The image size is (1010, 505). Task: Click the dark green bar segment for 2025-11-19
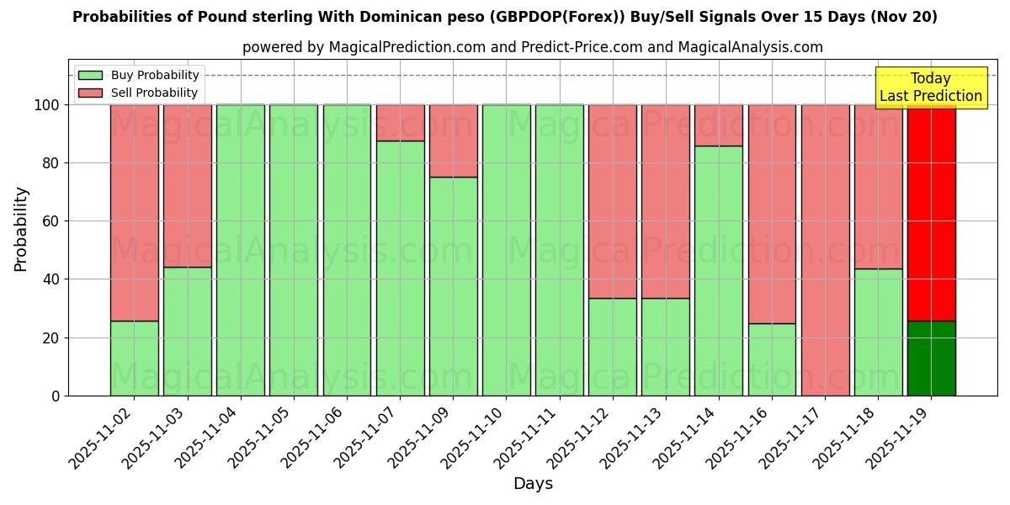(931, 358)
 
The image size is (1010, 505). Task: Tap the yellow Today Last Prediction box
(930, 88)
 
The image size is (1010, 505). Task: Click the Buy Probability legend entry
(139, 75)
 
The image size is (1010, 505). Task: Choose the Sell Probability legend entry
(139, 93)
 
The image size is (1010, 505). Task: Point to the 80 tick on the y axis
(51, 163)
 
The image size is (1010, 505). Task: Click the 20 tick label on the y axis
(51, 338)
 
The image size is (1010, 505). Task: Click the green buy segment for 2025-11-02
(134, 358)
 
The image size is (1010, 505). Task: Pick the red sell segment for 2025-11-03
(187, 185)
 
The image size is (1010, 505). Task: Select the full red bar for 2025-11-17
(825, 250)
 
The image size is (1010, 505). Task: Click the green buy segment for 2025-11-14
(719, 270)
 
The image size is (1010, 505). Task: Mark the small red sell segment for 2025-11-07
(400, 123)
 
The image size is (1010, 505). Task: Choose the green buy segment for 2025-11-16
(772, 359)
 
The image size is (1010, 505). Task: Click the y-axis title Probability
(21, 229)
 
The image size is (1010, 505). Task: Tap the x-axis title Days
(533, 483)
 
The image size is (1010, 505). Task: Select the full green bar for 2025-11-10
(506, 250)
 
